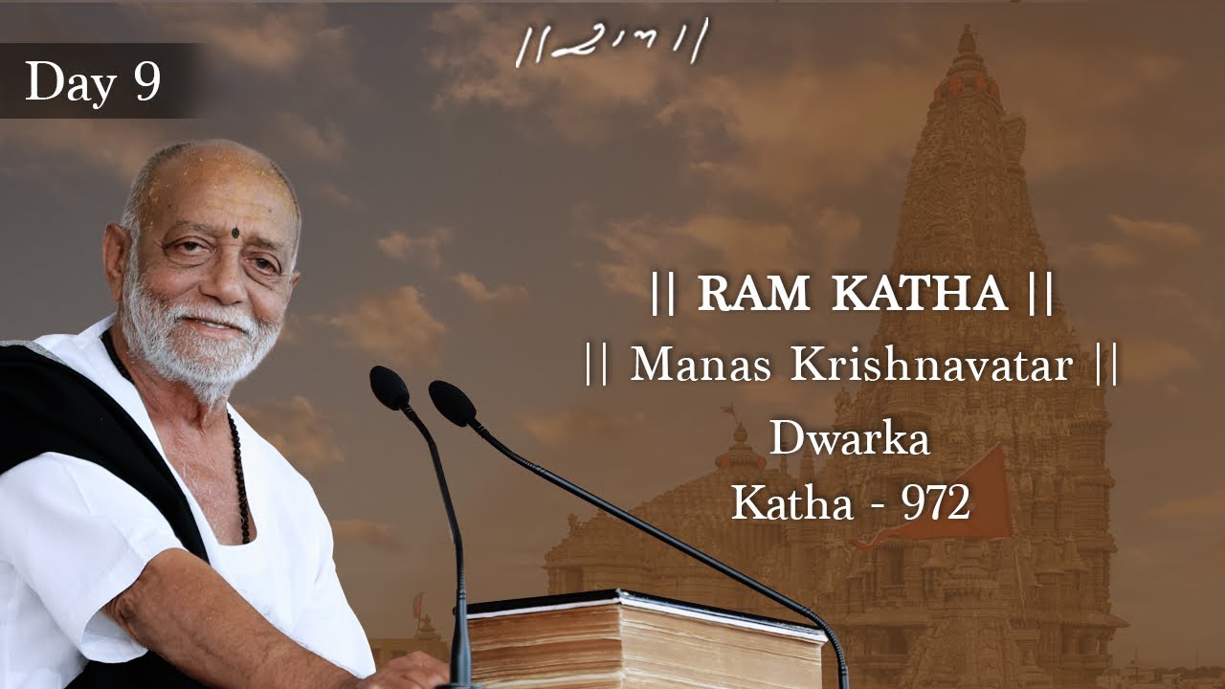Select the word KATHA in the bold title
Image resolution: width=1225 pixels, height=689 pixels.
[x=919, y=296]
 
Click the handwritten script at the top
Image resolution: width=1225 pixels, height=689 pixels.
[x=612, y=43]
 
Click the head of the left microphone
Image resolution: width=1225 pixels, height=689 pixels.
[x=389, y=386]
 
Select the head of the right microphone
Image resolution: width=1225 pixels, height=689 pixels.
[x=452, y=401]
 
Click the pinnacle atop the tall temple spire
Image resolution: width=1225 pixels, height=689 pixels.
[x=968, y=43]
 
